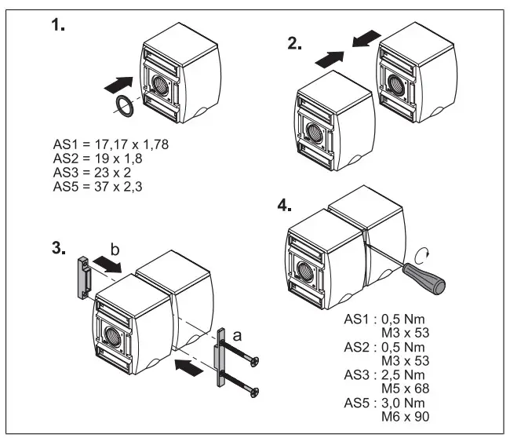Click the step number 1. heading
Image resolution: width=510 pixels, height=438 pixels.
(x=58, y=25)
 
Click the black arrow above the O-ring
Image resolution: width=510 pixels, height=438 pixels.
(x=122, y=82)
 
